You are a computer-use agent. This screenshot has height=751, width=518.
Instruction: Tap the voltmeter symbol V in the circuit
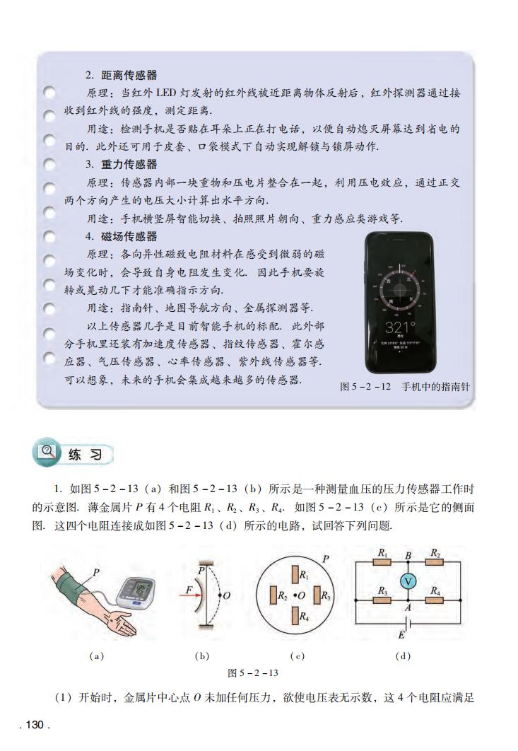(x=407, y=580)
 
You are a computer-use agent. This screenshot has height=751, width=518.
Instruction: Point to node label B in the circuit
(x=408, y=555)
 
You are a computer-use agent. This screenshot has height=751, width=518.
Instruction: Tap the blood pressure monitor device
(x=139, y=590)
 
